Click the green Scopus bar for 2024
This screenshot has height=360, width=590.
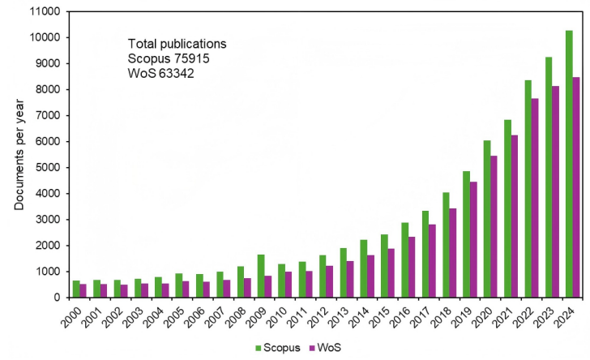[569, 164]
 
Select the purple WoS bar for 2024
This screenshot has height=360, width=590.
[576, 187]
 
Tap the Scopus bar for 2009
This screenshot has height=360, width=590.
[261, 276]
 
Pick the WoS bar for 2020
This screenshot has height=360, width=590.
[494, 227]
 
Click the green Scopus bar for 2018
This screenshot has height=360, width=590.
[446, 245]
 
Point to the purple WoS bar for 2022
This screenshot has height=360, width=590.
[535, 198]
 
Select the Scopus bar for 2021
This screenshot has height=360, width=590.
[507, 208]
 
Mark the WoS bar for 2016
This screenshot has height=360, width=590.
[412, 267]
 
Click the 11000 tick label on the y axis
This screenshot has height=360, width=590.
[45, 11]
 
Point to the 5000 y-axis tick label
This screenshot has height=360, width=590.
[48, 168]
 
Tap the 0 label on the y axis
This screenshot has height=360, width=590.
[57, 298]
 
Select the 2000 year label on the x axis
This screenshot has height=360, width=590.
[71, 317]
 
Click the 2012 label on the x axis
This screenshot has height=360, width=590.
[317, 317]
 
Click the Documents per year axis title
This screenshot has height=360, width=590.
[19, 154]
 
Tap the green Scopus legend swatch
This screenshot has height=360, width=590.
[258, 349]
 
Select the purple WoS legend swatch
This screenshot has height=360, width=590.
[312, 349]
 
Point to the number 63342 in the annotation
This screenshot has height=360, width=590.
[176, 73]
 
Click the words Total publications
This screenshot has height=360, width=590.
[177, 44]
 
